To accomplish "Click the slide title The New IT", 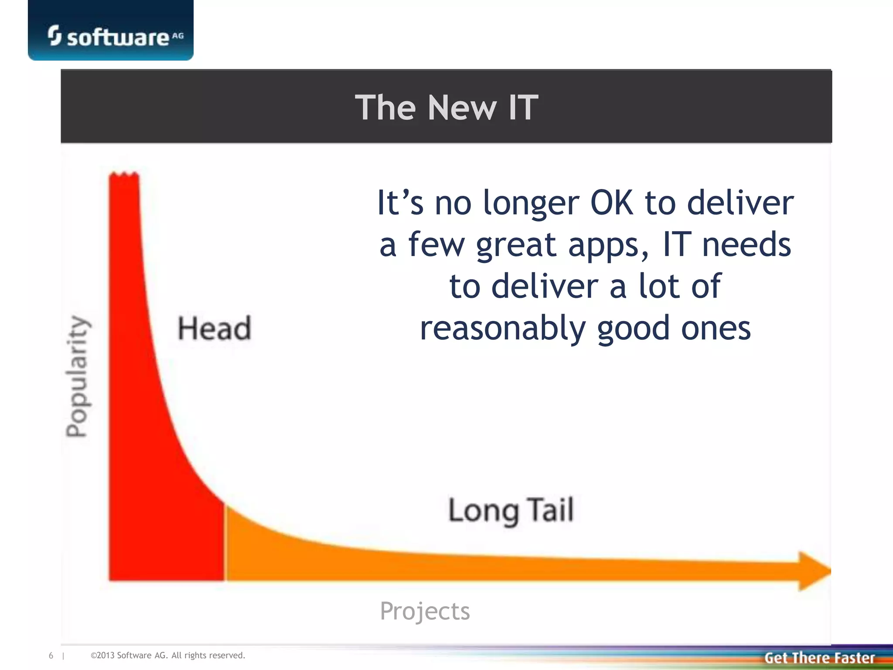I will point(446,107).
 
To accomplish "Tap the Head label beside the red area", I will point(214,328).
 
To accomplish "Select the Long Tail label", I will point(511,510).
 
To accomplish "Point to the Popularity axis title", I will point(77,376).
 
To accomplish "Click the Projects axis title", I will point(425,611).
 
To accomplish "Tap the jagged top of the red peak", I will point(124,175).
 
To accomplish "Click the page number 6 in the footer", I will point(51,655).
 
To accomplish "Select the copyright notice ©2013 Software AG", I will point(168,655).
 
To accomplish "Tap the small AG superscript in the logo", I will point(177,36).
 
